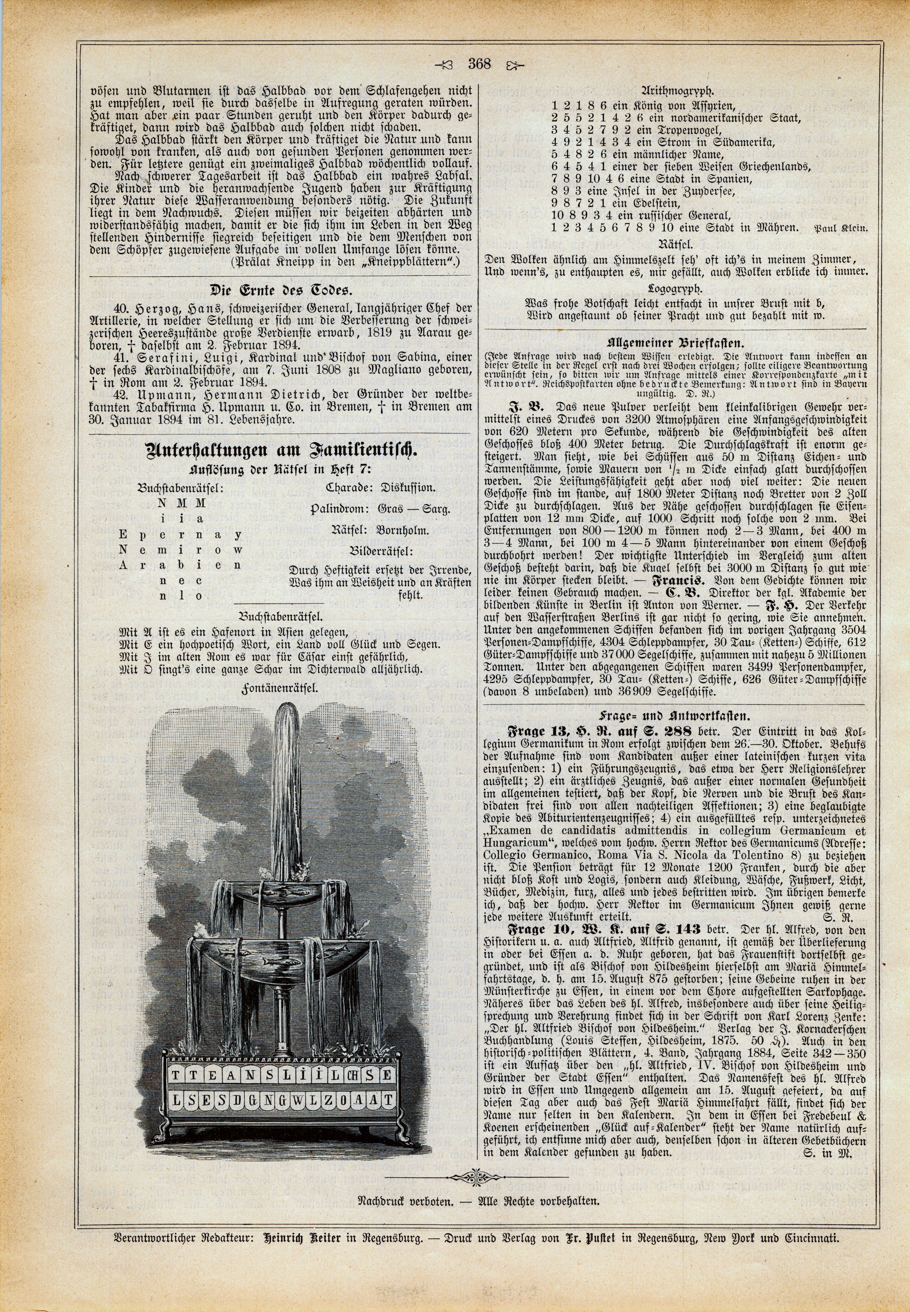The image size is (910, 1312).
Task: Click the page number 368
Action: pyautogui.click(x=479, y=64)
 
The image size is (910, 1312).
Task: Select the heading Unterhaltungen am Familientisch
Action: pyautogui.click(x=280, y=452)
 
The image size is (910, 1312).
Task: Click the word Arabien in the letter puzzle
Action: pyautogui.click(x=181, y=566)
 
